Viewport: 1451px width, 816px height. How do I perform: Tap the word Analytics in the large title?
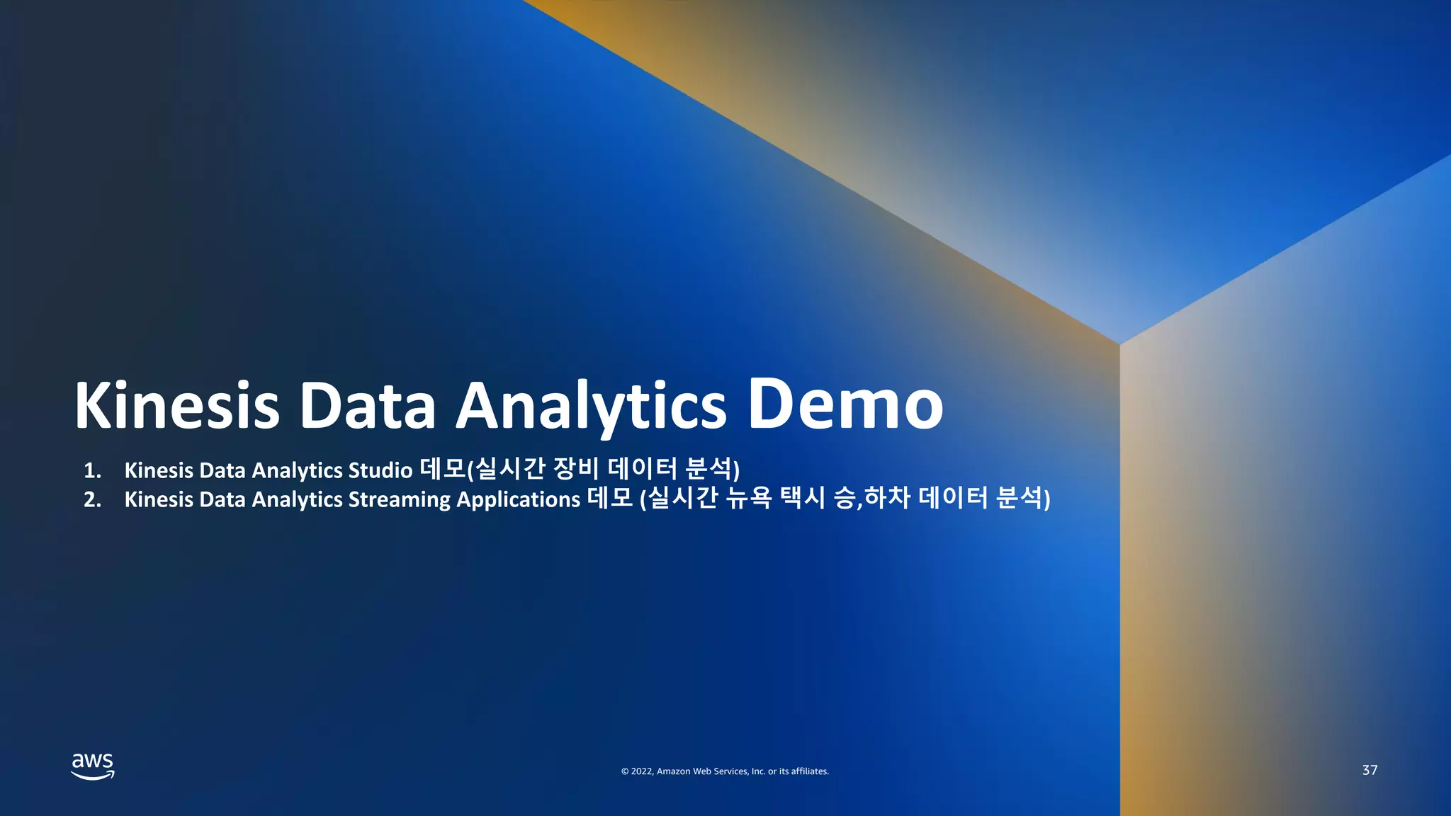point(591,407)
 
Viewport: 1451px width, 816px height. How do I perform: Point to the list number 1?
point(92,470)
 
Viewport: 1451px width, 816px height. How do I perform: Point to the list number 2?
point(92,499)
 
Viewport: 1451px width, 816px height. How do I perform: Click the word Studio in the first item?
point(380,470)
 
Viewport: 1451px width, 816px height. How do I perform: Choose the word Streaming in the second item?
point(399,499)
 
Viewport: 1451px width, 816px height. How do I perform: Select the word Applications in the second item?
point(518,499)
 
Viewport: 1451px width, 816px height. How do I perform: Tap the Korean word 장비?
point(575,468)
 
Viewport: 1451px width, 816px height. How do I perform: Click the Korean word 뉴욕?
point(748,497)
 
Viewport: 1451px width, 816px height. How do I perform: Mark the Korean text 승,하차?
point(871,497)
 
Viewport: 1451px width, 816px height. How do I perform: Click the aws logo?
point(93,766)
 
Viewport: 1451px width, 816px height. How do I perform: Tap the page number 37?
point(1370,770)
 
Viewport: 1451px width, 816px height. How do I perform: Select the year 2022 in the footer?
point(642,771)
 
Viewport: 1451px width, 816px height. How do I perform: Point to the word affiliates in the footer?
point(810,771)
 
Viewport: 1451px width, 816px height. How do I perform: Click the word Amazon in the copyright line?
point(673,771)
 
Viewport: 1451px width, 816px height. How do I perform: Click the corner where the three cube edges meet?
point(1119,344)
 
